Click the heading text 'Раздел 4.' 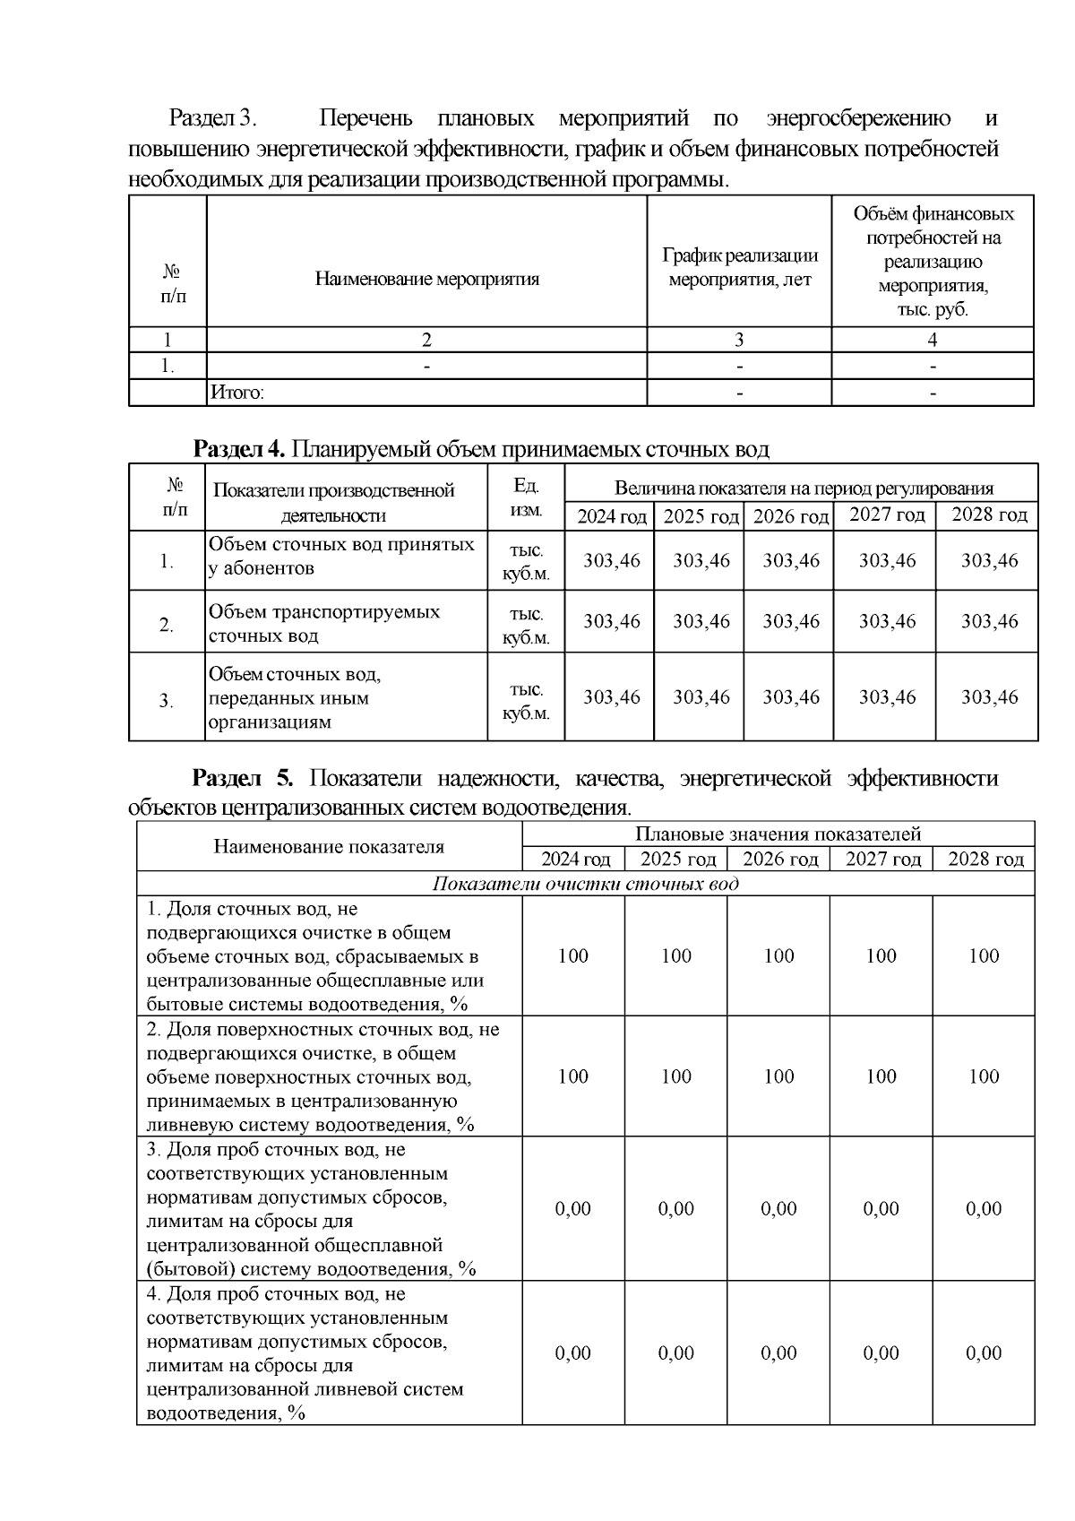point(239,448)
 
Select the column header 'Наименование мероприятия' point(426,279)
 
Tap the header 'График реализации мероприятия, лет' point(739,267)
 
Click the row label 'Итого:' point(236,393)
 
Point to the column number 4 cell point(932,340)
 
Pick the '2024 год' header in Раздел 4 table point(610,517)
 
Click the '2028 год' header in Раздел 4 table point(988,514)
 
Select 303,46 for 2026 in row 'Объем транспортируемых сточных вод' point(790,621)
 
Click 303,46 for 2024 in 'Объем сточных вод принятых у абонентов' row point(612,560)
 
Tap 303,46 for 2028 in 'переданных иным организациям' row point(989,697)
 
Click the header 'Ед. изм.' point(526,498)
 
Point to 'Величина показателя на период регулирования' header point(803,488)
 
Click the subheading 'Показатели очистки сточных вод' point(585,884)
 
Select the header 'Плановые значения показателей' point(777,834)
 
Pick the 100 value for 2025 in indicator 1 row point(676,956)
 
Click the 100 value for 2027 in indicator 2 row point(881,1076)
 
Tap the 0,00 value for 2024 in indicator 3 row point(573,1209)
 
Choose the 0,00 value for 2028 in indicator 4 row point(983,1353)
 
